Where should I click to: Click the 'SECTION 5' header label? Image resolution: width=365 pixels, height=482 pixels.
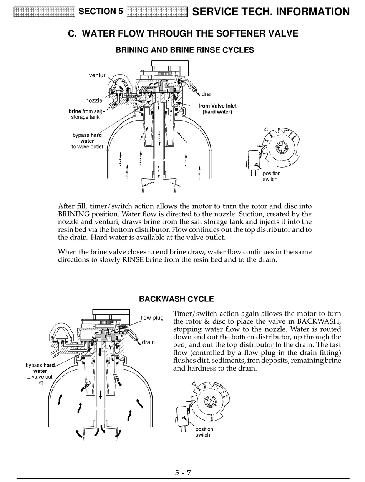[x=101, y=12]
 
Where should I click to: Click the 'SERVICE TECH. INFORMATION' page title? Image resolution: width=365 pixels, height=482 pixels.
[x=271, y=12]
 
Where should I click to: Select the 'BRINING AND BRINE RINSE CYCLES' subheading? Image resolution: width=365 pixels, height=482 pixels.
[x=185, y=50]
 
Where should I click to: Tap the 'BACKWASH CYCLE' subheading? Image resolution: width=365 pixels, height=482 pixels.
[x=176, y=299]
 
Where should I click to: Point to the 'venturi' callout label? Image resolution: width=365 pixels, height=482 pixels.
[x=98, y=75]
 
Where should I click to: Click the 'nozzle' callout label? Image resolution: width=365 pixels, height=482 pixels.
[x=94, y=101]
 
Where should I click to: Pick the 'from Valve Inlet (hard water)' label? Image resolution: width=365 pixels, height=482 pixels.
[x=217, y=109]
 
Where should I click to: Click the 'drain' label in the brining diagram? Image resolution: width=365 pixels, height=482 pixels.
[x=208, y=94]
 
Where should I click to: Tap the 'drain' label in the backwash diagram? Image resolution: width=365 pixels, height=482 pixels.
[x=148, y=342]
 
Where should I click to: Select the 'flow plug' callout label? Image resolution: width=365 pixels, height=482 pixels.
[x=152, y=318]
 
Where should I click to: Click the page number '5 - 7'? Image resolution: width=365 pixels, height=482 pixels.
[x=183, y=473]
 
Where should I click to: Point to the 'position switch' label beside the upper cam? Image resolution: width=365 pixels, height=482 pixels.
[x=271, y=176]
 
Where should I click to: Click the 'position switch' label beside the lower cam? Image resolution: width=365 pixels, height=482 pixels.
[x=204, y=432]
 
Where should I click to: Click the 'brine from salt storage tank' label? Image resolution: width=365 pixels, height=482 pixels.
[x=85, y=114]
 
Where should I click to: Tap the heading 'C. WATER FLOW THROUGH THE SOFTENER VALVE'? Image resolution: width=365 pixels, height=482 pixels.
[x=183, y=33]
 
